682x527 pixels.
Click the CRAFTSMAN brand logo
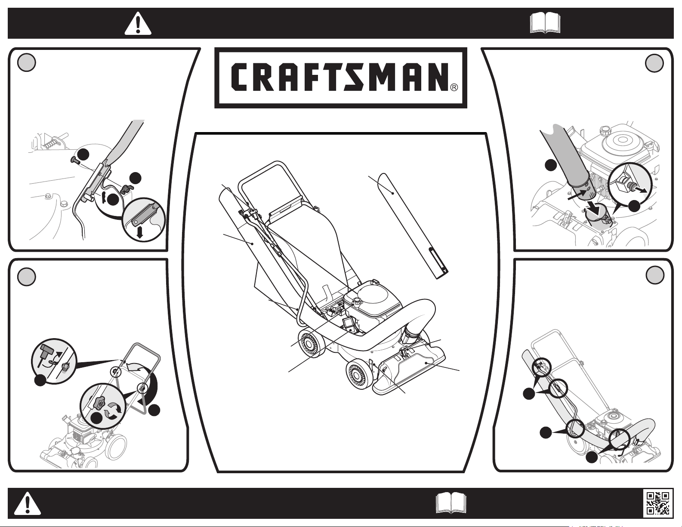click(x=340, y=77)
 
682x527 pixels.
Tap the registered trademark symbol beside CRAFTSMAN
click(x=454, y=87)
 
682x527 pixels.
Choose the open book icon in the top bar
click(x=545, y=23)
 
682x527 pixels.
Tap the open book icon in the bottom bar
click(x=451, y=503)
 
